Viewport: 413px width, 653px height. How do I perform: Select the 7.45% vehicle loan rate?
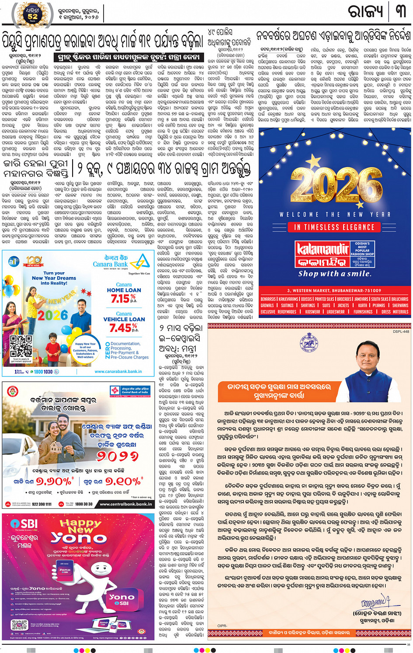coord(124,327)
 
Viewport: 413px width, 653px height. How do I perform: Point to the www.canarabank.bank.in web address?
coord(118,372)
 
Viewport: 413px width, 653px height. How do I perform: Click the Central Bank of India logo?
coord(115,390)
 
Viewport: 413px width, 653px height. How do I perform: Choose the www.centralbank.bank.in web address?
coord(125,504)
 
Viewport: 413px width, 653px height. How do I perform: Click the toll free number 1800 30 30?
coord(83,504)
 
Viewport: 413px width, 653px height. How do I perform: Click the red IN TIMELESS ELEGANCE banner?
coord(334,227)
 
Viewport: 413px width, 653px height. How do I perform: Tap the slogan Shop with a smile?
coord(335,274)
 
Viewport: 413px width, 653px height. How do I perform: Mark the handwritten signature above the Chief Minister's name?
coord(374,603)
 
